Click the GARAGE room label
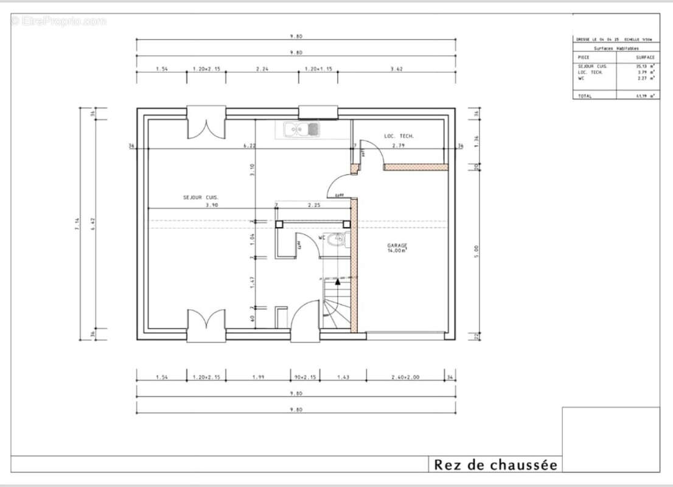click(x=397, y=246)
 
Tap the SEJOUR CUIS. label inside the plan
click(x=201, y=197)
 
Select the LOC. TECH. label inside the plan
click(x=399, y=136)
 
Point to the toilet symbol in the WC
click(x=335, y=241)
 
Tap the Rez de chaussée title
click(x=495, y=465)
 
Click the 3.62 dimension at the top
click(x=396, y=69)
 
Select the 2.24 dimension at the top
click(x=262, y=69)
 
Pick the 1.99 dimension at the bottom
click(x=257, y=378)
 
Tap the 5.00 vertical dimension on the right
click(x=476, y=248)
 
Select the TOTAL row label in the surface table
click(x=584, y=96)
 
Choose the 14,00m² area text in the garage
click(x=397, y=251)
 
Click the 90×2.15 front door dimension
click(x=305, y=378)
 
